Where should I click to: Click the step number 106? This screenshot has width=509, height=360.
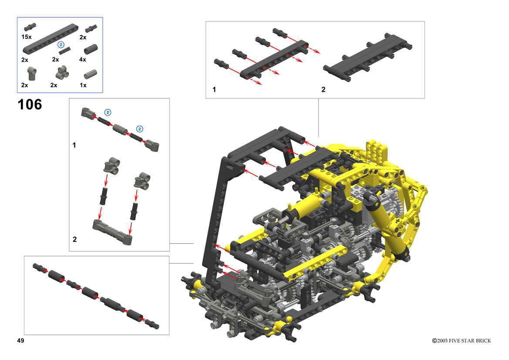pos(30,104)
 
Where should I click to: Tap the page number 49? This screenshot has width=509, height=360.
pos(20,340)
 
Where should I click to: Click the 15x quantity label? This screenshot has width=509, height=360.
pos(26,37)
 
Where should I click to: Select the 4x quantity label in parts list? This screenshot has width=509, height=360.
pos(83,59)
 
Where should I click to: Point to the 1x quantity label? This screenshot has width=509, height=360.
pos(83,85)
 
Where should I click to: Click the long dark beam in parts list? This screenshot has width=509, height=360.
pos(51,39)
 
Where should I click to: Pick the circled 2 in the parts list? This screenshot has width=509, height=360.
pos(61,44)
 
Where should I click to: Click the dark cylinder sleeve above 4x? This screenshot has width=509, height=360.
pos(91,49)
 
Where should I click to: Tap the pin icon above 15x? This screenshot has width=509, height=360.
pos(30,27)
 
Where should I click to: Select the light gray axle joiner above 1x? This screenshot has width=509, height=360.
pos(90,74)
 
